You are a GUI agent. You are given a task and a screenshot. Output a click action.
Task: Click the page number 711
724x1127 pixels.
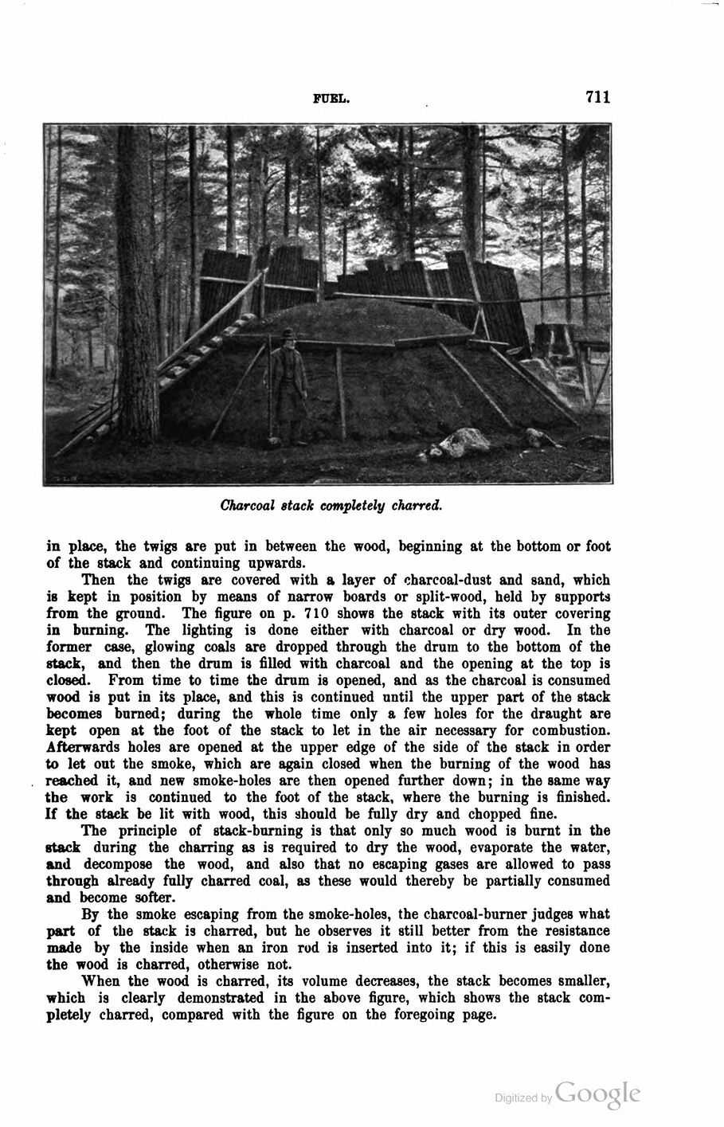click(x=597, y=97)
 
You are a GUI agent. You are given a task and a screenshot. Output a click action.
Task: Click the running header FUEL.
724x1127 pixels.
click(x=331, y=99)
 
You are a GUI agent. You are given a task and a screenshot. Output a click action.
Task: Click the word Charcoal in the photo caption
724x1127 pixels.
click(x=248, y=505)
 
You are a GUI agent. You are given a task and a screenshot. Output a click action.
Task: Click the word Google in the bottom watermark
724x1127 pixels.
click(x=598, y=1093)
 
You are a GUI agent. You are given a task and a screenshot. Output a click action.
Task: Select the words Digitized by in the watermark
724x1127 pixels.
click(x=523, y=1098)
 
